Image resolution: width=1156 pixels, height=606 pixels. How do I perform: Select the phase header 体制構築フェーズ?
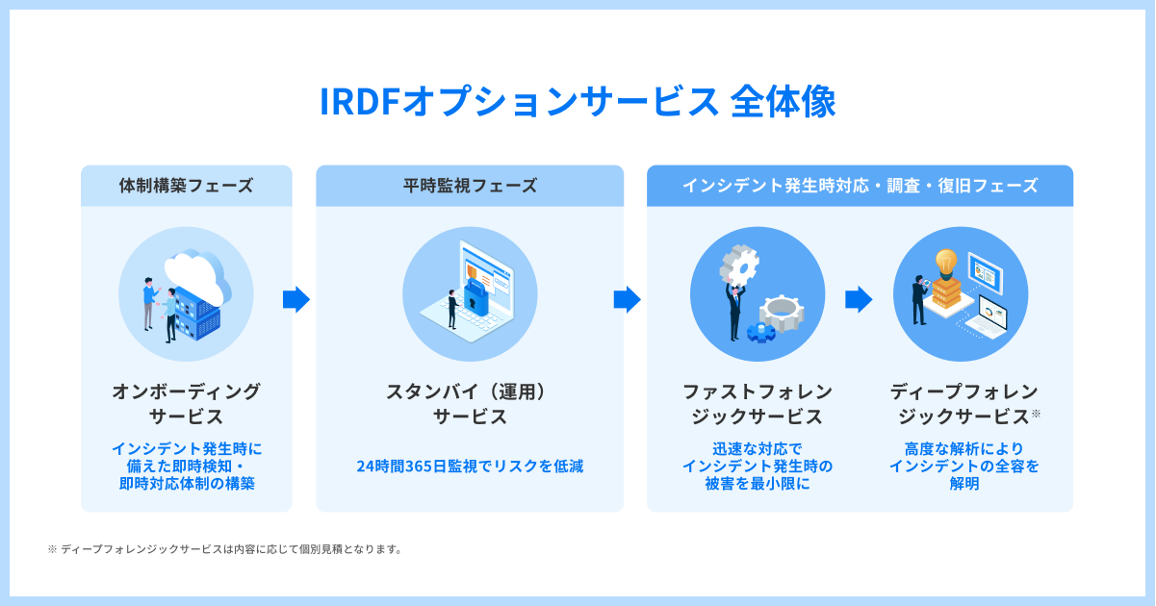click(186, 186)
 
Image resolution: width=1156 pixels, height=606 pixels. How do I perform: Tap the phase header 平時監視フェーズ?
click(470, 186)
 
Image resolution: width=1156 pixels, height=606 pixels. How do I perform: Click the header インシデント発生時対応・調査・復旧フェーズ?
click(860, 186)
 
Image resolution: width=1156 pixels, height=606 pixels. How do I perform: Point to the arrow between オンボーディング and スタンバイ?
click(295, 300)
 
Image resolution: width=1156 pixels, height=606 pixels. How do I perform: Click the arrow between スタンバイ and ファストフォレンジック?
click(627, 300)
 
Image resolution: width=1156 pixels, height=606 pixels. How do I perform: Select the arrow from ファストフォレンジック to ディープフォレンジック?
click(858, 300)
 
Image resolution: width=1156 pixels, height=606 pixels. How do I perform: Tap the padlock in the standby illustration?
click(476, 299)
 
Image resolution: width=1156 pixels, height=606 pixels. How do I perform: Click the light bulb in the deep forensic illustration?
click(946, 261)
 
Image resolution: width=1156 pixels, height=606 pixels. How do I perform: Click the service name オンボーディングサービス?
click(186, 404)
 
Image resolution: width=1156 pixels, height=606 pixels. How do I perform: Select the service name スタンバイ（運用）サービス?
click(470, 404)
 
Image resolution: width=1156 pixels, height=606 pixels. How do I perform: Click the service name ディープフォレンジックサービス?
click(963, 404)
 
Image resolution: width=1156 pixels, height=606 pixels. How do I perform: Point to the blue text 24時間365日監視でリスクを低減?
click(470, 467)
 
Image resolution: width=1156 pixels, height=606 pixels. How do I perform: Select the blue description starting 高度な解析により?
click(963, 467)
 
